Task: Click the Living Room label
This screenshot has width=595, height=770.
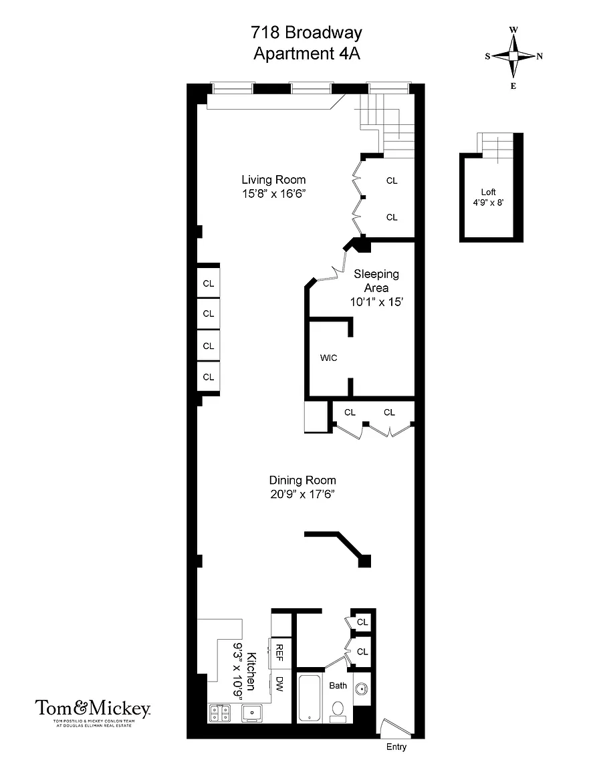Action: (273, 180)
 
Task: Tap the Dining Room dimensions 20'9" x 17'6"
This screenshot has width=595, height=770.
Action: (302, 494)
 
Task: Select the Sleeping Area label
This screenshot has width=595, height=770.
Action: (376, 281)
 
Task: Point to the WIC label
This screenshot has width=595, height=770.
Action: (328, 358)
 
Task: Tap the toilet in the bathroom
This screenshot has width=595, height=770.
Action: (338, 711)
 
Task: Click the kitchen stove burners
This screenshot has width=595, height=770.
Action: (220, 713)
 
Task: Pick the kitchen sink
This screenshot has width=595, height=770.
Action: (252, 713)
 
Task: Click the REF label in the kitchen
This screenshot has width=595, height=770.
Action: (279, 652)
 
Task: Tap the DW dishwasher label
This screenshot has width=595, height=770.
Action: (279, 684)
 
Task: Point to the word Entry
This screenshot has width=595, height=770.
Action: (396, 747)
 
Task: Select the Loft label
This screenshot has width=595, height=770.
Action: (489, 192)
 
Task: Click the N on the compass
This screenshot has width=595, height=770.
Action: (540, 56)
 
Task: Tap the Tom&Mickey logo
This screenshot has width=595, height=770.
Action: (92, 713)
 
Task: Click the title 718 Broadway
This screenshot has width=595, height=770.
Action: (307, 32)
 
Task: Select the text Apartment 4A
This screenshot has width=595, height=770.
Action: (307, 53)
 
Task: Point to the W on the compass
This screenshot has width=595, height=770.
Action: (513, 30)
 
